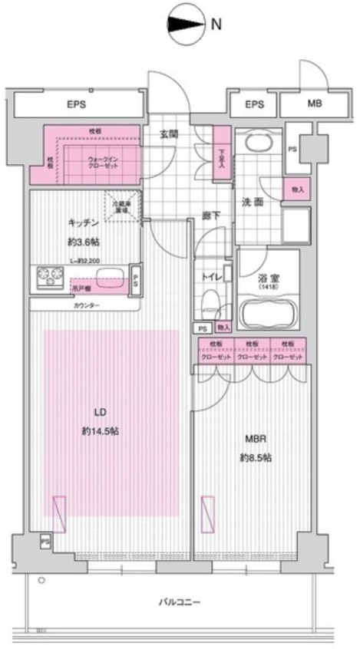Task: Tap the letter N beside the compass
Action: point(216,24)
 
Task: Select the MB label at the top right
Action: point(315,104)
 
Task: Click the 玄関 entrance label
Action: point(169,133)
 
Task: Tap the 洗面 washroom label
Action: point(253,203)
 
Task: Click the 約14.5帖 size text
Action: point(101,431)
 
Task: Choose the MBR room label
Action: point(255,440)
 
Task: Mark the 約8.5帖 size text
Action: point(255,458)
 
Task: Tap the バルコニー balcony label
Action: point(180,601)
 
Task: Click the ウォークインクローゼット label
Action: point(101,162)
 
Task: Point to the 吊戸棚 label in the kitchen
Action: point(79,288)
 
